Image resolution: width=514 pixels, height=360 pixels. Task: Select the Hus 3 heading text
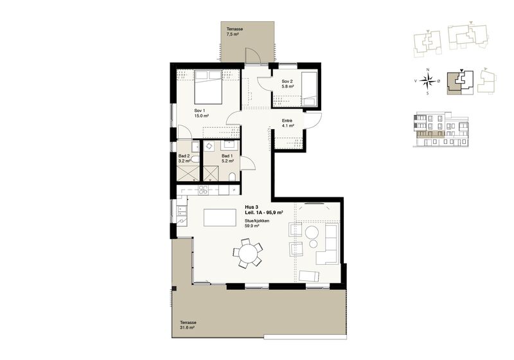252,207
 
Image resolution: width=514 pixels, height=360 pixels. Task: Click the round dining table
248,254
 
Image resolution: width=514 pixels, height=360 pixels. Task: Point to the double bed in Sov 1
208,87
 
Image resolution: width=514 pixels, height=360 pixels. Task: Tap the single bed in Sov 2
309,89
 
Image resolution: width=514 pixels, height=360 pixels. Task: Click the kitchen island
220,217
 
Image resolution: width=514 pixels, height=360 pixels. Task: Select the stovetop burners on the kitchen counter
204,190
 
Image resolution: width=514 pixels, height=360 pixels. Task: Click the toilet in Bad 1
232,177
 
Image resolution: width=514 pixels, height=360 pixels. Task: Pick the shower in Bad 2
188,173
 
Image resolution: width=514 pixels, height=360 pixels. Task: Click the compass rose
428,80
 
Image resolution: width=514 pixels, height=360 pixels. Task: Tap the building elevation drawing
441,129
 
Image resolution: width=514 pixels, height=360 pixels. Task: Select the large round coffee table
312,233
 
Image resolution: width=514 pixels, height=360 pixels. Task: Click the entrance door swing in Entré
313,121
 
